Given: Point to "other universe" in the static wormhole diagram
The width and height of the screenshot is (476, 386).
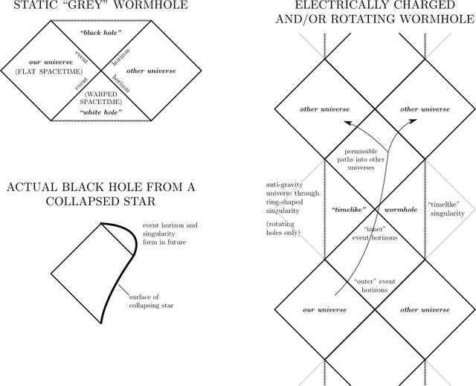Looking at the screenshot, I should [152, 71].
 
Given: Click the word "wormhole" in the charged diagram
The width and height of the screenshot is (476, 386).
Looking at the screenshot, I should [399, 210].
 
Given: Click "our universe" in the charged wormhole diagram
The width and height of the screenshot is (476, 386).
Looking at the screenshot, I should [324, 309].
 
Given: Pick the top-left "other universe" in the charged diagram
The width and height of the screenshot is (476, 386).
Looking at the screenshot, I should [324, 109].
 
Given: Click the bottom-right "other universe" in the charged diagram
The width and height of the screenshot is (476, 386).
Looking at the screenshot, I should [425, 309].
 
